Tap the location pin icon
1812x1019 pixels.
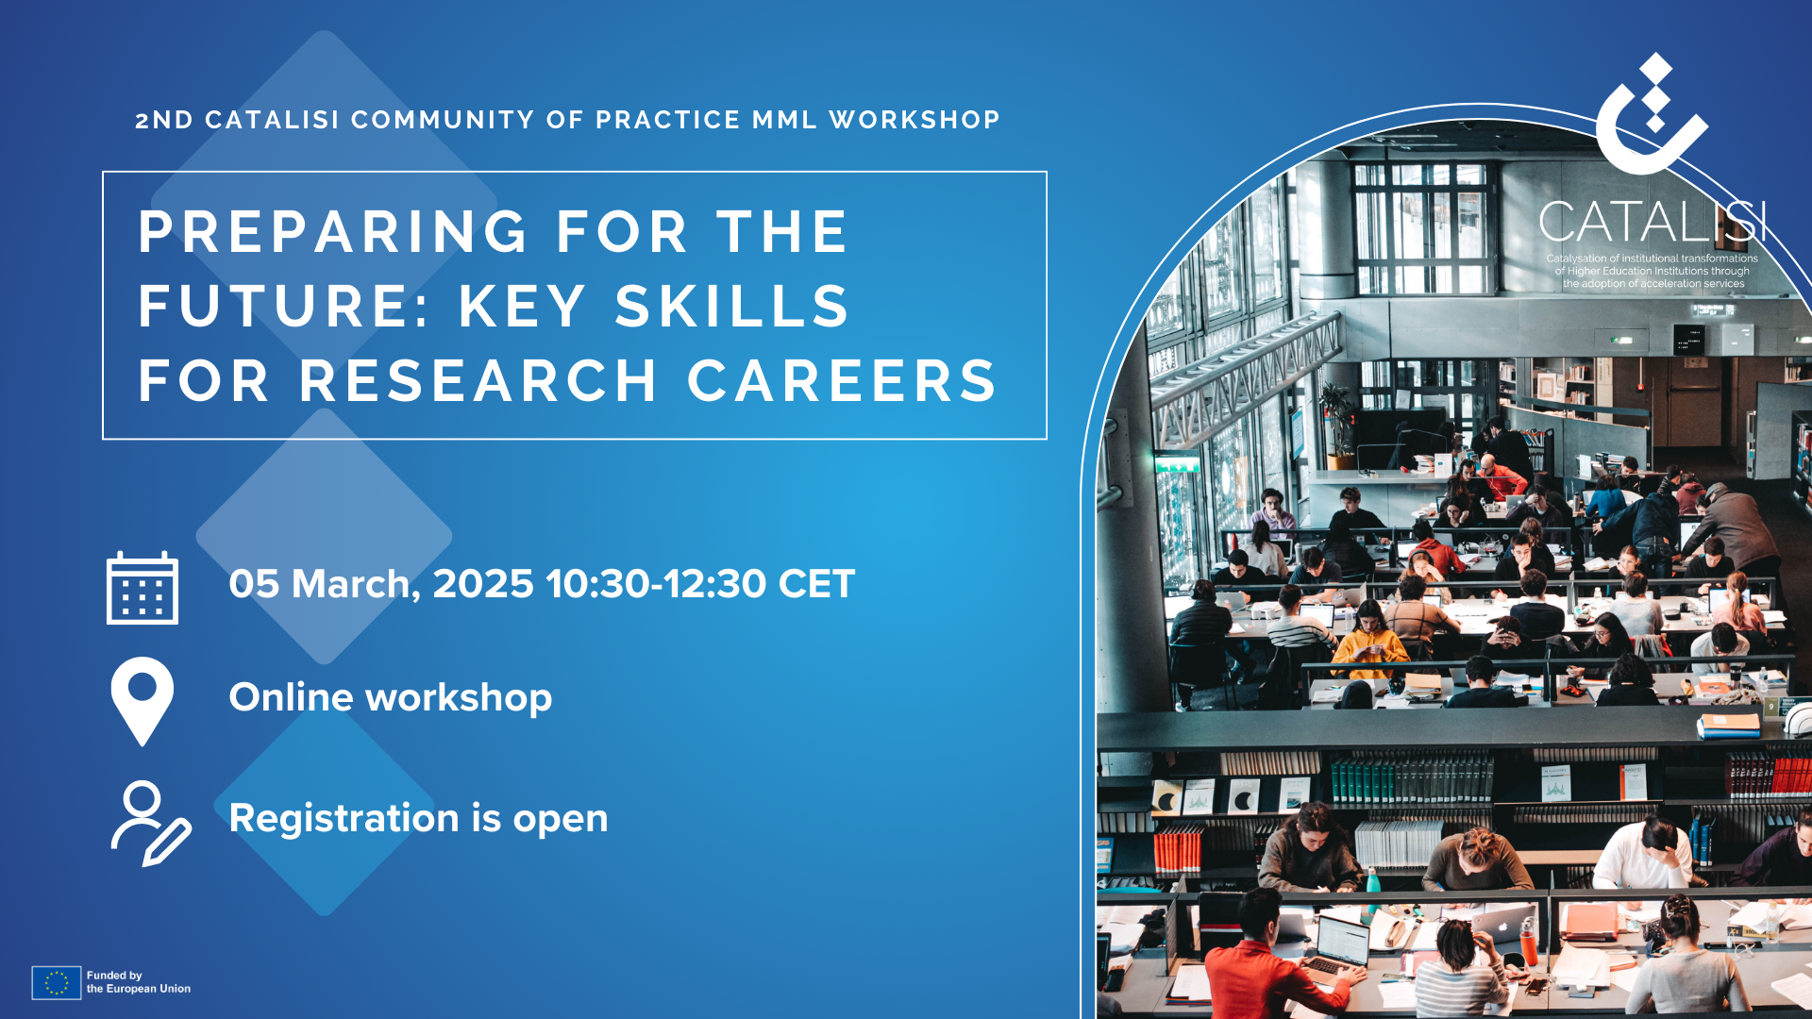143,701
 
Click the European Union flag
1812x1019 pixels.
56,982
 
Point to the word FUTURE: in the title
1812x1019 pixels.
284,306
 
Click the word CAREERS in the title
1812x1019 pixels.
841,380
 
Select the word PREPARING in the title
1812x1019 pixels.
333,231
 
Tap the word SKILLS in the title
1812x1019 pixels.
732,306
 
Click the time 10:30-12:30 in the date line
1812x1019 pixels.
656,584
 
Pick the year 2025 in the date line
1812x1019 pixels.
483,584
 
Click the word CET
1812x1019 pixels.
816,584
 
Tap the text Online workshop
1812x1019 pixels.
391,697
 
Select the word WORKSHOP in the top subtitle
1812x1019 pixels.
914,120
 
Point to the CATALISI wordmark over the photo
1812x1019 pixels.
1652,223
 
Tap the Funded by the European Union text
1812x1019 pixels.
139,982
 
